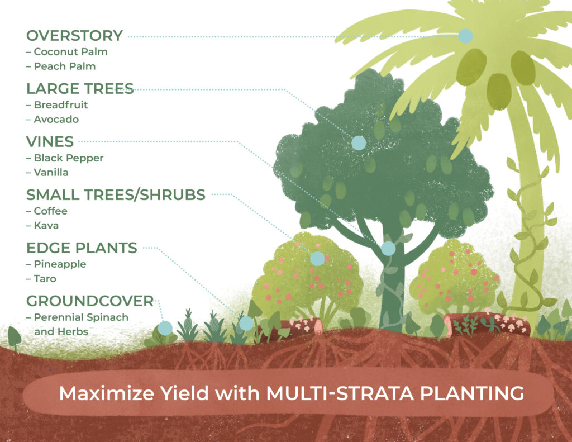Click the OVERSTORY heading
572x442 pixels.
pos(74,36)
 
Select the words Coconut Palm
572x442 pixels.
pos(70,51)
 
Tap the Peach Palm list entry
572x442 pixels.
pos(64,66)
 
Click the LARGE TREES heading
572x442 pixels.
pos(80,88)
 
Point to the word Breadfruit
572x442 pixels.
pos(60,104)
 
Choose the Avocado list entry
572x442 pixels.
pos(56,119)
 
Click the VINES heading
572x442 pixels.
pos(50,141)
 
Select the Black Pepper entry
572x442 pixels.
pos(68,158)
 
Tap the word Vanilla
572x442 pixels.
pos(51,172)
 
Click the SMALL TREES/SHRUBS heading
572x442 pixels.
pos(116,194)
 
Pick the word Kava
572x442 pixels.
pos(46,225)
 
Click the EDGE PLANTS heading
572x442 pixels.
pos(82,248)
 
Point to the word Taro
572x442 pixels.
pos(45,278)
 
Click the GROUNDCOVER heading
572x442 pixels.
pos(89,301)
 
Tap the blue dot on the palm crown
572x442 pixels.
pos(465,36)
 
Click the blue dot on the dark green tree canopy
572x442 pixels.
pos(359,143)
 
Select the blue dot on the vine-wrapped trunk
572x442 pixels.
pos(388,249)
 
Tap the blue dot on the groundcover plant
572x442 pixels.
pos(165,328)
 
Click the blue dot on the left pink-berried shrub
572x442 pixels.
pos(317,258)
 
